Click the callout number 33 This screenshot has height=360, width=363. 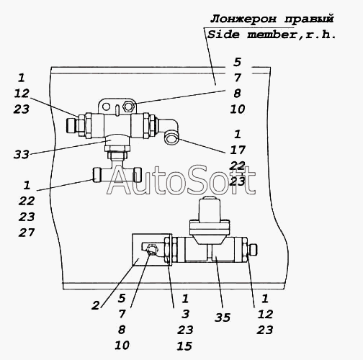pyautogui.click(x=21, y=154)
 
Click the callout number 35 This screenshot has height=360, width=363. pyautogui.click(x=223, y=318)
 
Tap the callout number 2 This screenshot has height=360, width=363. pyautogui.click(x=96, y=305)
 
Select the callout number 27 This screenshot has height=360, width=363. pyautogui.click(x=27, y=233)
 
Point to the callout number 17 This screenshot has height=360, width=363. pyautogui.click(x=238, y=150)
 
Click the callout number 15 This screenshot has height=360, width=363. pyautogui.click(x=184, y=346)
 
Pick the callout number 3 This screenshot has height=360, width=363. pyautogui.click(x=185, y=314)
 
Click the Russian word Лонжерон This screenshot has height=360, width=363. pyautogui.click(x=243, y=19)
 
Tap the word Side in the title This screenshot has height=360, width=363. pyautogui.click(x=223, y=35)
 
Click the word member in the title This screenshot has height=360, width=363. pyautogui.click(x=272, y=35)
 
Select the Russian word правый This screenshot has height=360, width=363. pyautogui.click(x=309, y=19)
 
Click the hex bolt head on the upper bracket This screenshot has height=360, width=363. pyautogui.click(x=128, y=106)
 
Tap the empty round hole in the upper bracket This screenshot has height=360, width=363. pyautogui.click(x=107, y=107)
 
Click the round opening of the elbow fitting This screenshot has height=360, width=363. pyautogui.click(x=171, y=138)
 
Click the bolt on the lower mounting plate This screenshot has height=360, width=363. pyautogui.click(x=152, y=250)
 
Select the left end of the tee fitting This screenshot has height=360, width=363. pyautogui.click(x=97, y=174)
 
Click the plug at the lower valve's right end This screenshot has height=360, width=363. pyautogui.click(x=253, y=250)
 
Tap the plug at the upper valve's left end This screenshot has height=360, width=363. pyautogui.click(x=71, y=125)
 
